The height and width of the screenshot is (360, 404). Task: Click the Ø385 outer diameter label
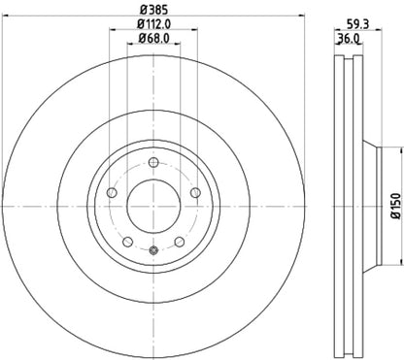click(x=156, y=9)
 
